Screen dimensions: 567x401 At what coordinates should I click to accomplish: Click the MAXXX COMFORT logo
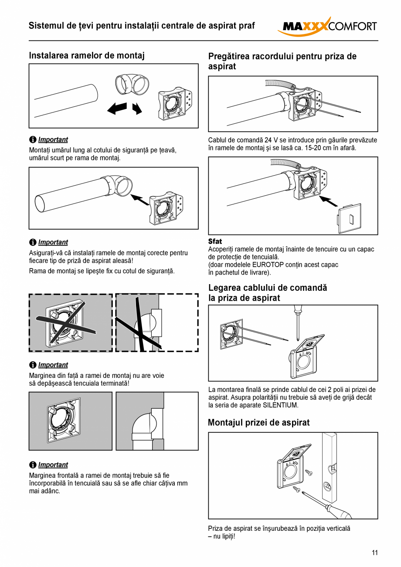pos(327,26)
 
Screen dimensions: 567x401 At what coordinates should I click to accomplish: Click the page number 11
pos(375,553)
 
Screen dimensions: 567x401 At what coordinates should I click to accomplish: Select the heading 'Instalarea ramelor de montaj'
pos(86,56)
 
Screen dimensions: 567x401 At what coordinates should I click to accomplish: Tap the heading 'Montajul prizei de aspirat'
pos(258,422)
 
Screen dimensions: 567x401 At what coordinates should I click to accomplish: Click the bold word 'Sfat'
pos(215,241)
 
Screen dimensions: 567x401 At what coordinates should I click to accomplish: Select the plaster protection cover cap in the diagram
pos(350,216)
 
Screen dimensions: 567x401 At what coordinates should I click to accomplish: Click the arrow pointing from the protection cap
pos(328,201)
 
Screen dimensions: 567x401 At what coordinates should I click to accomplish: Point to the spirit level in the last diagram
pos(330,466)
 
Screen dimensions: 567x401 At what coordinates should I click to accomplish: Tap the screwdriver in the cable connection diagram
pos(298,323)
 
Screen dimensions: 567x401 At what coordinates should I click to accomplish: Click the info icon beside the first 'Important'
pos(33,139)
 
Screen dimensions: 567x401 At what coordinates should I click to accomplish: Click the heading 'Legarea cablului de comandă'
pos(267,288)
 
